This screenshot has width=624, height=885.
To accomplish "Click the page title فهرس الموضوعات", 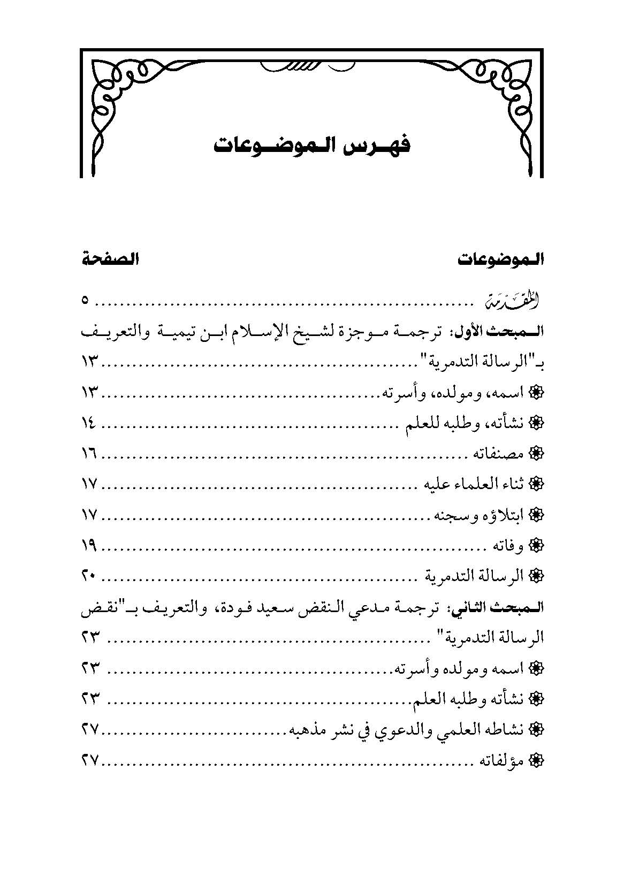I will point(312,146).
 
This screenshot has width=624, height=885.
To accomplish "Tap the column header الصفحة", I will point(111,261).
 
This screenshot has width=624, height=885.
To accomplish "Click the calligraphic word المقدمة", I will point(510,301).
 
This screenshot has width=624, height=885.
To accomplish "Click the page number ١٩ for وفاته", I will point(89,546).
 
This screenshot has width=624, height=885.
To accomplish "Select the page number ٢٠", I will point(89,576).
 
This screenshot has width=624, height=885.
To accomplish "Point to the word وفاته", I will point(511,546).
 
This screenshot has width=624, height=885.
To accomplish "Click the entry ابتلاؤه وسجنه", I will point(480,515).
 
